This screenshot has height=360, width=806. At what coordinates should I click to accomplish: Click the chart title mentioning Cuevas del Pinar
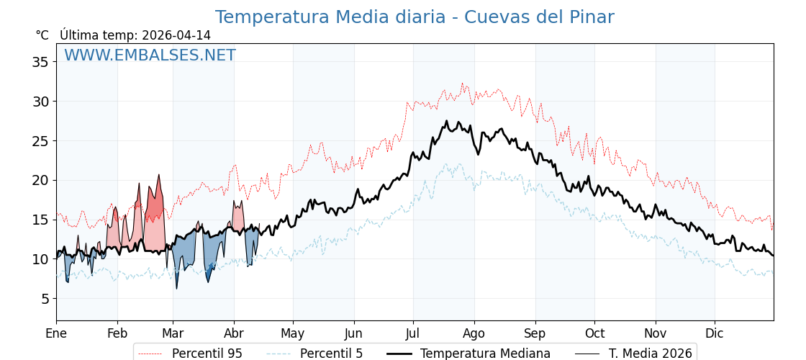tap(415, 17)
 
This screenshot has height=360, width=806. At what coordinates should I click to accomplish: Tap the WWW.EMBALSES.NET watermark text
tap(150, 55)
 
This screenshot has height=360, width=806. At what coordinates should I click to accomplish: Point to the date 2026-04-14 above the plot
tap(176, 35)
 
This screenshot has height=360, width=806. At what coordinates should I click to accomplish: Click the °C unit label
tap(42, 35)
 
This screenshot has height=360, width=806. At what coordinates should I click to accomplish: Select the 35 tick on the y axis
tap(40, 62)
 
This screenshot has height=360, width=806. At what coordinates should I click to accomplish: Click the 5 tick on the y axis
tap(44, 299)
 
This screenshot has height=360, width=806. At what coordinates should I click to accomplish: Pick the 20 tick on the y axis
tap(40, 180)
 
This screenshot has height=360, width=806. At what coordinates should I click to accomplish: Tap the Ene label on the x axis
tap(56, 333)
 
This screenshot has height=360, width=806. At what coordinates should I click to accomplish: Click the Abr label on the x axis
tap(234, 333)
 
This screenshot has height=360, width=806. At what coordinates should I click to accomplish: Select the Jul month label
tap(413, 333)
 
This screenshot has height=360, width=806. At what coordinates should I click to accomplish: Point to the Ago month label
tap(474, 333)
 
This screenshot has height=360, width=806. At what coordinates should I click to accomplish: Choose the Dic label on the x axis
tap(715, 333)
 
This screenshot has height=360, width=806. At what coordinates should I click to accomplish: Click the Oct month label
tap(594, 333)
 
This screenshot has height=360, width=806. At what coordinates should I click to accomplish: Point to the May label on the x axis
tap(293, 333)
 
